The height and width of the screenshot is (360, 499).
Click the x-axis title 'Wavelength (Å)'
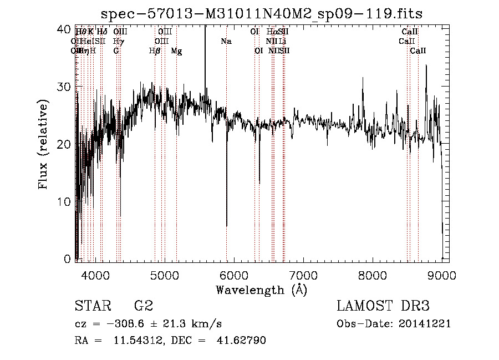click(x=261, y=290)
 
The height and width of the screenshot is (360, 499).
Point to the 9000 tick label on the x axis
click(x=441, y=275)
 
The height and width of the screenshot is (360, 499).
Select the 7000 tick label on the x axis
click(x=303, y=275)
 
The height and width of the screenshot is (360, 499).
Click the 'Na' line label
click(x=226, y=42)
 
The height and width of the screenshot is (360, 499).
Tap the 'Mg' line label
click(x=176, y=51)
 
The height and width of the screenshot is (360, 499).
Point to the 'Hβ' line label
click(x=155, y=51)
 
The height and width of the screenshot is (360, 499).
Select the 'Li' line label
click(x=283, y=42)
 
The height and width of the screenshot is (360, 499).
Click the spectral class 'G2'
click(x=144, y=306)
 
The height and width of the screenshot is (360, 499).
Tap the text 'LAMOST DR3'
click(x=383, y=306)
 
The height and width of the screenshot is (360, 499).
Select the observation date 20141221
click(x=426, y=323)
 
